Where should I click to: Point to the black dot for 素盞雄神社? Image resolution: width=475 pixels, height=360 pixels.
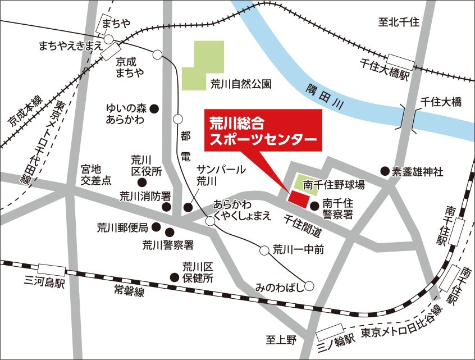point(385,171)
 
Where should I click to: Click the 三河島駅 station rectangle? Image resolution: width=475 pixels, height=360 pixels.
point(52,271)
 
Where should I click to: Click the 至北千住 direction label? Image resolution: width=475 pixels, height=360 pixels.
point(399,22)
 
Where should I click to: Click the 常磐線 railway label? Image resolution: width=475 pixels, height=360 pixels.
point(129,290)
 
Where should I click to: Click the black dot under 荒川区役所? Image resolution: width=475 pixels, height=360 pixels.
point(143,183)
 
